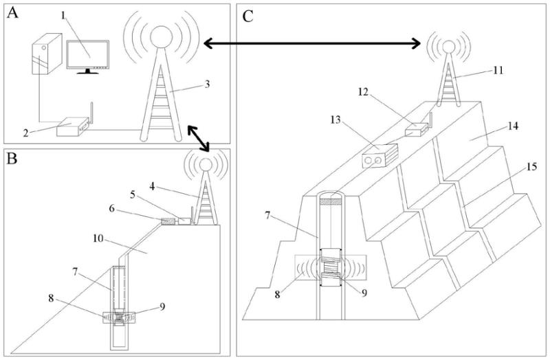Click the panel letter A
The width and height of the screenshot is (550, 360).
[12, 13]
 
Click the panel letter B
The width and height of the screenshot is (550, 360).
[12, 159]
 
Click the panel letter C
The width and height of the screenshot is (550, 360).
[247, 16]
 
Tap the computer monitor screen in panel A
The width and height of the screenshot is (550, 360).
[88, 54]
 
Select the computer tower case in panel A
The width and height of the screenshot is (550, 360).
[47, 54]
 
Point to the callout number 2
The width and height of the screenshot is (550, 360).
[25, 133]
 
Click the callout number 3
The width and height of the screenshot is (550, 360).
[207, 84]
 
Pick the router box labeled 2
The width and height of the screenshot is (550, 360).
[72, 127]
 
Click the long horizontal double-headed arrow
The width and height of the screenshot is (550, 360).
[312, 43]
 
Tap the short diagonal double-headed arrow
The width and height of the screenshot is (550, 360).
[198, 138]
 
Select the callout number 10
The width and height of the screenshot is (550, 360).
[98, 238]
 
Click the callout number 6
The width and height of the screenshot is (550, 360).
[112, 208]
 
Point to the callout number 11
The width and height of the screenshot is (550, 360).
[498, 71]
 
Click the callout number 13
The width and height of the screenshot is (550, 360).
[335, 120]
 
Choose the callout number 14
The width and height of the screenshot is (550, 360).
[513, 126]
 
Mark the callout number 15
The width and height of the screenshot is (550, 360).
[531, 166]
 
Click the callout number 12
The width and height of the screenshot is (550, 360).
[364, 92]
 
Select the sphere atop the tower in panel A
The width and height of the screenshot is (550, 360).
[161, 36]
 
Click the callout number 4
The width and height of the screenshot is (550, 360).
[152, 186]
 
